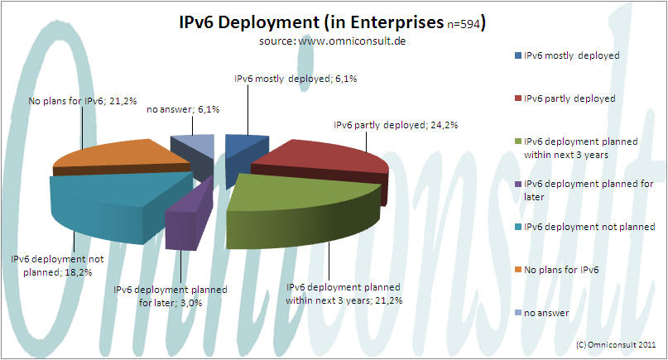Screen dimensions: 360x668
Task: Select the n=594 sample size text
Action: (464, 23)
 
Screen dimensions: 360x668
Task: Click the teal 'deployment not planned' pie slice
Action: (108, 199)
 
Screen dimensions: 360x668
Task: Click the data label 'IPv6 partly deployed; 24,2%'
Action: (395, 126)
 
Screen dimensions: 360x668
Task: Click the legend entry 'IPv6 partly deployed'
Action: (570, 98)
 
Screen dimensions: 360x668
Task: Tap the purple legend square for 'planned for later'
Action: (517, 183)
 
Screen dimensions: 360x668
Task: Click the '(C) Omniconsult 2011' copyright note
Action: (613, 343)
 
